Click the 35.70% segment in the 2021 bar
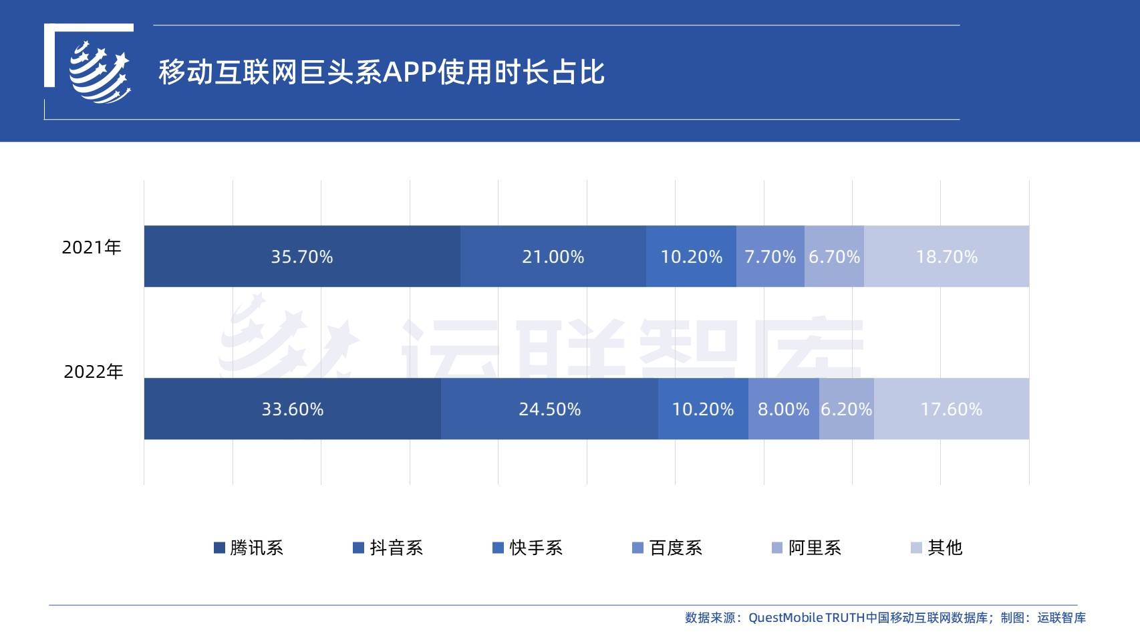302,257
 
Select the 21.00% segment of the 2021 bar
553,257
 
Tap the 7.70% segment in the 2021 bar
770,257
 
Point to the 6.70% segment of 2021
834,257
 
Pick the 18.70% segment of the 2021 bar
946,257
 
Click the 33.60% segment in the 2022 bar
292,409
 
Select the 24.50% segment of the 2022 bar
549,409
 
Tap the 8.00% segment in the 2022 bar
783,409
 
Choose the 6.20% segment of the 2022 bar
846,409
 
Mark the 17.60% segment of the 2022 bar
951,409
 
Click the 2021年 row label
92,247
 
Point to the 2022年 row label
94,372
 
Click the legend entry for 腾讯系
249,548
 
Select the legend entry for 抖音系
388,548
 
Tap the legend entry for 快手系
528,548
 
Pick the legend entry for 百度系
668,548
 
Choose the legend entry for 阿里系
807,548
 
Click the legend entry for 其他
937,548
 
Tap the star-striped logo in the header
100,72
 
